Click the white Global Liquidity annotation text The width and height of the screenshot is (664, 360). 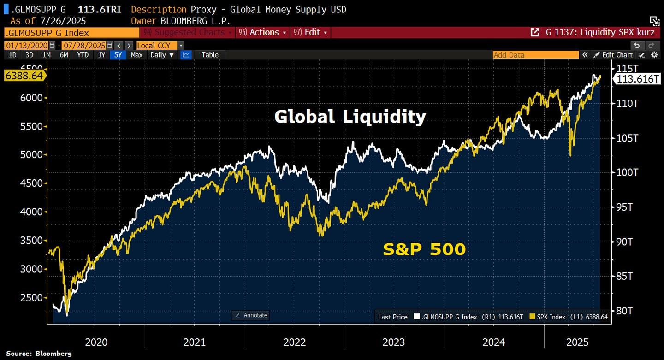click(x=350, y=117)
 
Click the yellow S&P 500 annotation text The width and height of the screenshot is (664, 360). click(x=424, y=249)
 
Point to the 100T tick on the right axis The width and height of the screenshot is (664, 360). click(x=628, y=172)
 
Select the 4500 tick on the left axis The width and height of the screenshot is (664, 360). click(x=32, y=183)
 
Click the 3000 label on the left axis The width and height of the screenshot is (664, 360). click(x=32, y=269)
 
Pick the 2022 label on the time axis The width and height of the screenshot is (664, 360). click(x=294, y=342)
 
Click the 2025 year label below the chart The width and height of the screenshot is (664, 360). click(x=577, y=342)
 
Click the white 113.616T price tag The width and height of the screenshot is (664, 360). click(x=638, y=79)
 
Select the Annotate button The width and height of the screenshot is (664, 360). click(x=251, y=315)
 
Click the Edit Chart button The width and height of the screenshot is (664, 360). click(x=613, y=55)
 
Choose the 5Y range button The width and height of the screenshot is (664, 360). click(x=119, y=55)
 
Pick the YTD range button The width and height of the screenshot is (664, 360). click(x=83, y=55)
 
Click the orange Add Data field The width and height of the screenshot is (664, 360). click(x=535, y=55)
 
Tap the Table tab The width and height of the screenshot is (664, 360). click(x=210, y=55)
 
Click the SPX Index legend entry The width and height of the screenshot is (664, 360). click(x=569, y=317)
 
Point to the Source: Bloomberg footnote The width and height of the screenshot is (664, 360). click(x=39, y=354)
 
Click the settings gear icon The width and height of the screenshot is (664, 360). click(x=654, y=55)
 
